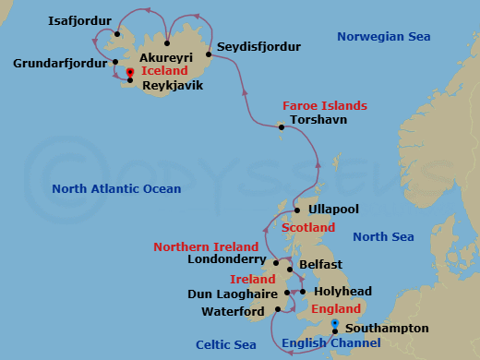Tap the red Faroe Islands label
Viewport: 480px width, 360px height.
tap(324, 105)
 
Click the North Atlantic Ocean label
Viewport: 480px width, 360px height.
tap(116, 188)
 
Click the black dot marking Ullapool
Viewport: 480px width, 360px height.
tap(297, 210)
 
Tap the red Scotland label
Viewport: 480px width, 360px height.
tap(307, 227)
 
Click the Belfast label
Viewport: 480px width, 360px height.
tap(321, 265)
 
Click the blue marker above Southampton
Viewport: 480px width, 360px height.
tap(334, 322)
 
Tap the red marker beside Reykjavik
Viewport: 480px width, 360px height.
tap(129, 72)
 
